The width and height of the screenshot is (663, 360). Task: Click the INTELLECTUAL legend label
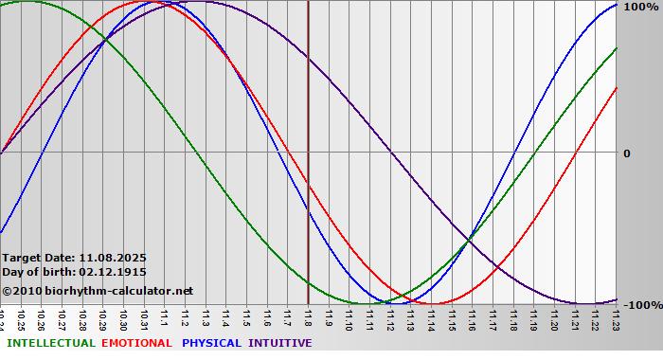click(x=51, y=343)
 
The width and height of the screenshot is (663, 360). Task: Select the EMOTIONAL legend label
click(x=136, y=343)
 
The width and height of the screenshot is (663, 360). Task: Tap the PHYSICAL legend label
click(x=211, y=343)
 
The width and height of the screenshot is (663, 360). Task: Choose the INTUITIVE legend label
click(x=280, y=343)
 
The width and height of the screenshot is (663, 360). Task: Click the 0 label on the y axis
click(x=626, y=153)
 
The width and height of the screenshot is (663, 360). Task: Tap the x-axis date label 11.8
click(x=309, y=317)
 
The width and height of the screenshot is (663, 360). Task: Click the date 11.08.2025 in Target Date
click(x=113, y=257)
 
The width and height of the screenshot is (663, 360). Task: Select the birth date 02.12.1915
click(x=113, y=272)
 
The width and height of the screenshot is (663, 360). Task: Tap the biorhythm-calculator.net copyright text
click(x=98, y=291)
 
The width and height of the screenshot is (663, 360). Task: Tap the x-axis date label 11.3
click(x=206, y=317)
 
